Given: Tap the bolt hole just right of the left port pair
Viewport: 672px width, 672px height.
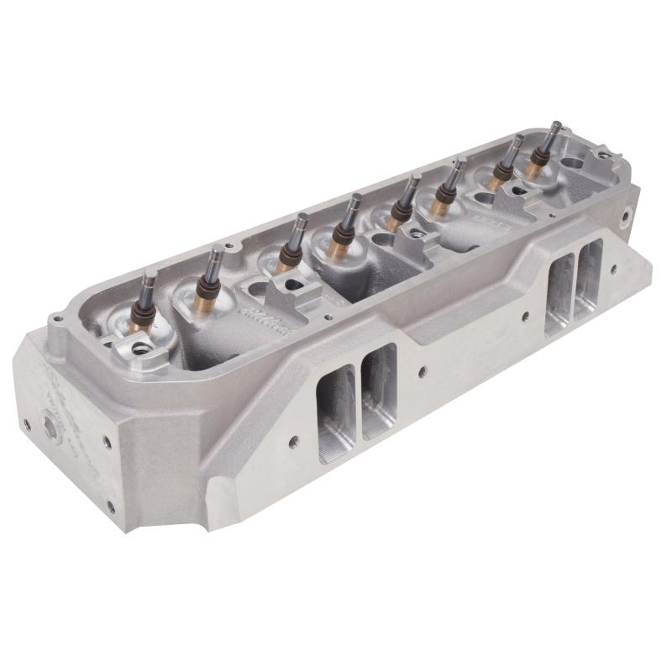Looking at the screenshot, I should point(422,370).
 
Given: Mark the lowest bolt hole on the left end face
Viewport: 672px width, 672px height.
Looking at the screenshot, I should point(110,506).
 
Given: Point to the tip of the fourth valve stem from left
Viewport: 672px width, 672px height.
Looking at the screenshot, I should point(356,198).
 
